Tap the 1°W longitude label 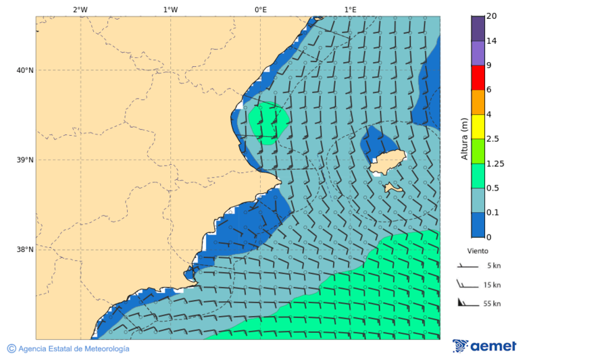[x=170, y=9]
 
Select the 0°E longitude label [x=260, y=9]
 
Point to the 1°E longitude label [x=350, y=9]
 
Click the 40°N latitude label [x=25, y=70]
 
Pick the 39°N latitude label [x=25, y=160]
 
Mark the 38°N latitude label [x=25, y=250]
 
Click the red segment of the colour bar [x=478, y=77]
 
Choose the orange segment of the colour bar [x=478, y=102]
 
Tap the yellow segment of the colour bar [x=478, y=126]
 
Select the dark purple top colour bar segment [x=478, y=28]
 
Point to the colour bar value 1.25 [x=496, y=163]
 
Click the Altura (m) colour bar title [x=464, y=138]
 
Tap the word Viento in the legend [x=478, y=251]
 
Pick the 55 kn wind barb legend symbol [x=467, y=303]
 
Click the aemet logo [x=484, y=346]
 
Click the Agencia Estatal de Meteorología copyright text [x=68, y=349]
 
